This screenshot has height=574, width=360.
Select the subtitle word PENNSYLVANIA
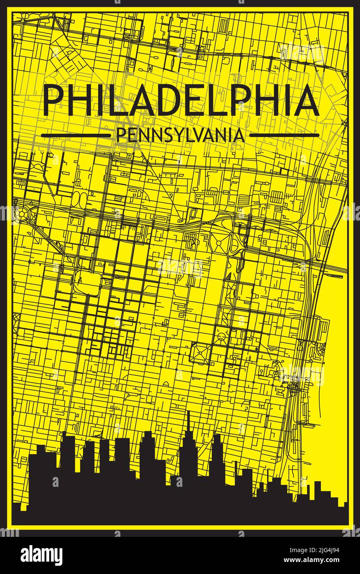click(x=181, y=135)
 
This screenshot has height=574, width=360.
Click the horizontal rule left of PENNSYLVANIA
click(x=76, y=135)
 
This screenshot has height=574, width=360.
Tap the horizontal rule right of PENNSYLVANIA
click(x=285, y=135)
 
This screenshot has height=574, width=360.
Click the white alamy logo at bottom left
click(x=41, y=555)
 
